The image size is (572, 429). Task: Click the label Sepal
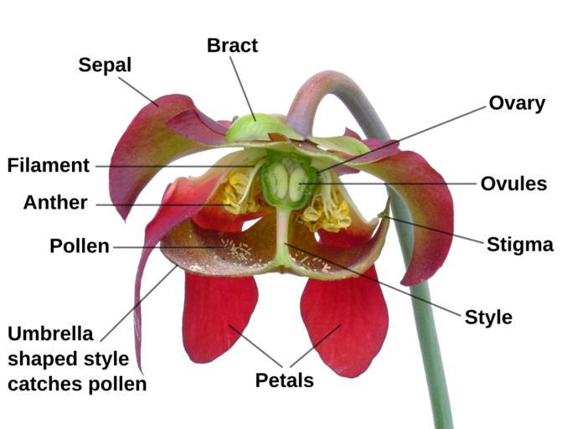(105, 65)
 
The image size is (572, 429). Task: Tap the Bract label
(232, 45)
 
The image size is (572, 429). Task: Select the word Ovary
(517, 103)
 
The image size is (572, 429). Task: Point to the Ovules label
(513, 183)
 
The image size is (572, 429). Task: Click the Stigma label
(520, 245)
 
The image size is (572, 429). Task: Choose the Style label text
(488, 318)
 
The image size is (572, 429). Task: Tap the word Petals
(285, 380)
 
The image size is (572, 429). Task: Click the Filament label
(48, 165)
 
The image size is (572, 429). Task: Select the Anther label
(55, 203)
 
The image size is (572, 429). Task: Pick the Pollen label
(80, 246)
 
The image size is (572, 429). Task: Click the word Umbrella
(50, 333)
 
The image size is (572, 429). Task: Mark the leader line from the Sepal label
(138, 91)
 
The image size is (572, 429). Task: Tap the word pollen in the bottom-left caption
(120, 385)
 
